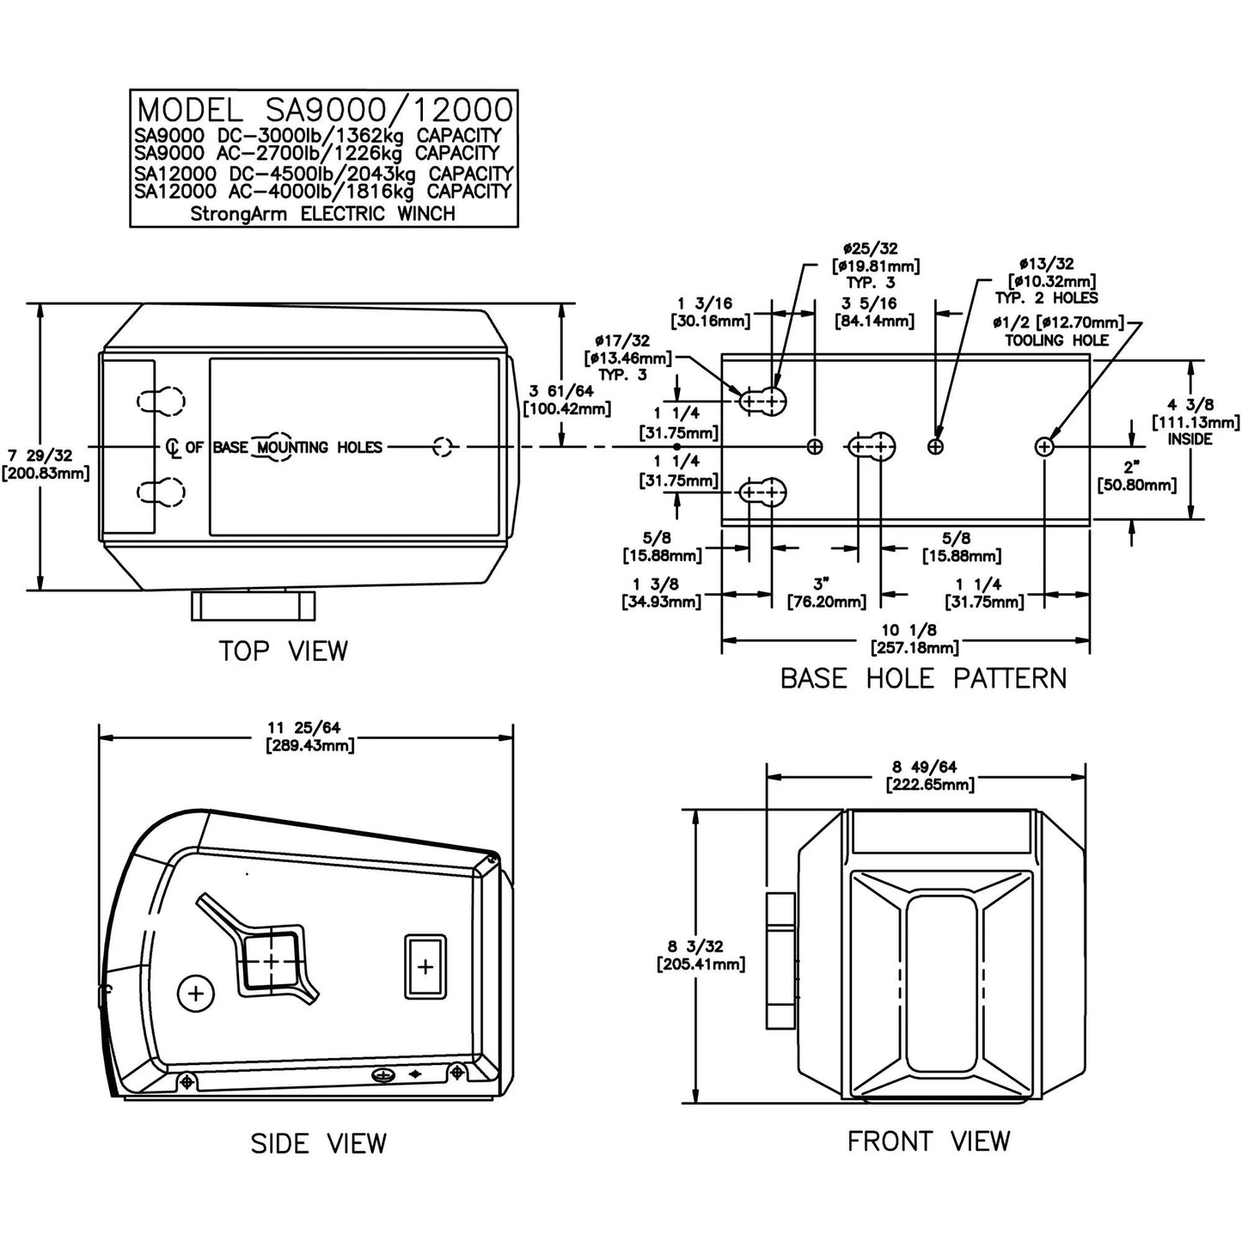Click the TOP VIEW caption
(283, 651)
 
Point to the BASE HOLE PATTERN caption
(924, 678)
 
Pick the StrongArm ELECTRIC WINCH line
(323, 213)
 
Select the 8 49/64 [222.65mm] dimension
(930, 776)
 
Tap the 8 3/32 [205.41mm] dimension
(701, 955)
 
